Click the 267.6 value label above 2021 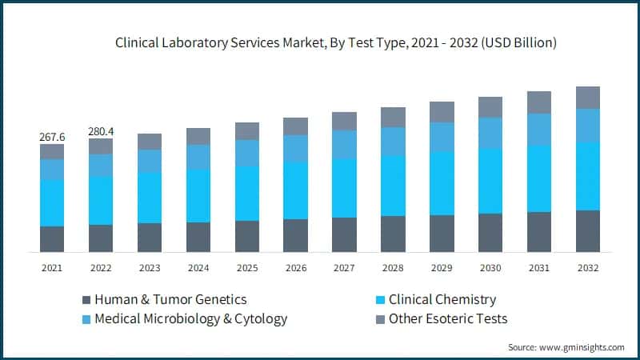(x=52, y=137)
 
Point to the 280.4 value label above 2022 (x=101, y=131)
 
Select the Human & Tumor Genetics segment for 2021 (x=52, y=238)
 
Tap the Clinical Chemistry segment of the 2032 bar (x=588, y=176)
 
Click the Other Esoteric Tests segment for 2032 (x=588, y=98)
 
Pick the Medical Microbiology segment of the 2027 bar (x=344, y=144)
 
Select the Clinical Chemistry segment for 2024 (x=198, y=195)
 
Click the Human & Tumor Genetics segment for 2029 (x=442, y=233)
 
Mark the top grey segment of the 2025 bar (x=247, y=131)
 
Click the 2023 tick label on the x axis (x=150, y=268)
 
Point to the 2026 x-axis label (x=295, y=268)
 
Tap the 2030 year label (x=490, y=268)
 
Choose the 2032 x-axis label (x=588, y=268)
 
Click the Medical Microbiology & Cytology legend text (x=190, y=319)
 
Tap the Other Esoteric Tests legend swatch (x=380, y=320)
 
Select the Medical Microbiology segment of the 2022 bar (x=101, y=165)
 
